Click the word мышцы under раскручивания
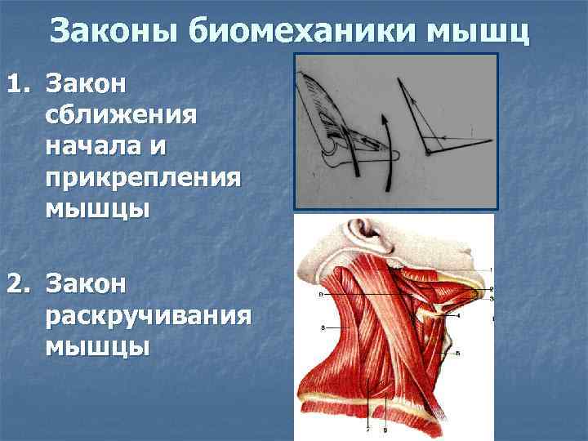(x=97, y=346)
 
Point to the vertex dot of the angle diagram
(x=427, y=153)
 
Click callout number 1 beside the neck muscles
(x=490, y=269)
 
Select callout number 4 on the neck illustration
(x=459, y=315)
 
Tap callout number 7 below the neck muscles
(x=367, y=428)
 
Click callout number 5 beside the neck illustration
(x=458, y=353)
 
